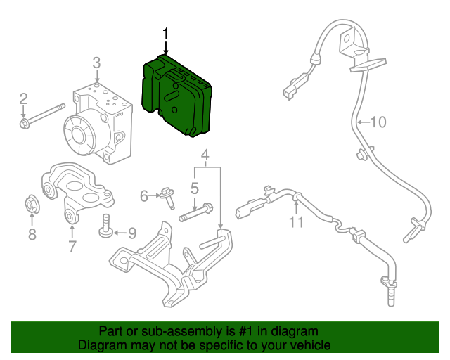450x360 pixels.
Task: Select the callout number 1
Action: click(166, 33)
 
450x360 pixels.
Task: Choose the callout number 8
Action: click(32, 235)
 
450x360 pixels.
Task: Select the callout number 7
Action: click(72, 246)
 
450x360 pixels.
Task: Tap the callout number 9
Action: click(131, 232)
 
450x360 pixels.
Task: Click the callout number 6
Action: click(144, 196)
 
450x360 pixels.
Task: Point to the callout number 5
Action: click(195, 188)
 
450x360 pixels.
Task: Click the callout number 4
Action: click(205, 155)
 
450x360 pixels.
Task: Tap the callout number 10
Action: click(378, 122)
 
